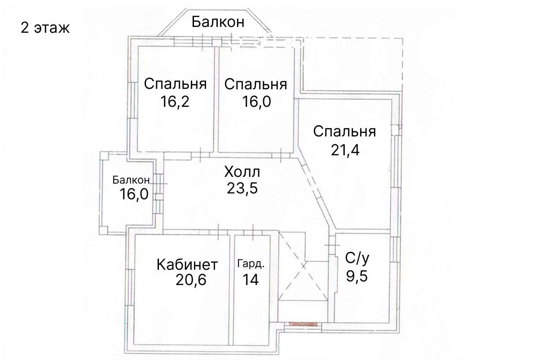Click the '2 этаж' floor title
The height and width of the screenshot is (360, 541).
[x=45, y=28]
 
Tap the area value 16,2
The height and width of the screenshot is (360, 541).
[x=175, y=101]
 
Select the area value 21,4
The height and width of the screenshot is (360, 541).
[x=345, y=150]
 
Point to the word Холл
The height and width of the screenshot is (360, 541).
[x=242, y=172]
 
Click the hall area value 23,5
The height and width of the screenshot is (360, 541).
[x=242, y=188]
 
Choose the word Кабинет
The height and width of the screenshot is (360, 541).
[x=187, y=264]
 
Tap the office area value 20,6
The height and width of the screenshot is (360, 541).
[x=191, y=280]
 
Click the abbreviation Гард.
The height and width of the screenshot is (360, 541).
[x=251, y=264]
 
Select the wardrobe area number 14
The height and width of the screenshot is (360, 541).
[x=251, y=280]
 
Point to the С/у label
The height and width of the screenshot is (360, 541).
[x=357, y=258]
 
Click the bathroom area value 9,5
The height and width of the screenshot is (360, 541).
[x=357, y=276]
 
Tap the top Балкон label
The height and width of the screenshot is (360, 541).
[x=218, y=22]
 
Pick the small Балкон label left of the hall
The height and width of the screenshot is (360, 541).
[x=131, y=180]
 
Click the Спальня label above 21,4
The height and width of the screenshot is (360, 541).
[x=345, y=132]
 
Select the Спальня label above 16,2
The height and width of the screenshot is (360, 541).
[x=176, y=84]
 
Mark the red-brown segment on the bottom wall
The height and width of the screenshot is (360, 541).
[x=303, y=324]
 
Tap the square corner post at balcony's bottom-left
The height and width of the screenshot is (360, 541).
[x=103, y=230]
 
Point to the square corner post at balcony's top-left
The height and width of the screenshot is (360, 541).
[x=105, y=156]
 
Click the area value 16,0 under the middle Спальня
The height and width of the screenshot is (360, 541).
[x=256, y=101]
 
